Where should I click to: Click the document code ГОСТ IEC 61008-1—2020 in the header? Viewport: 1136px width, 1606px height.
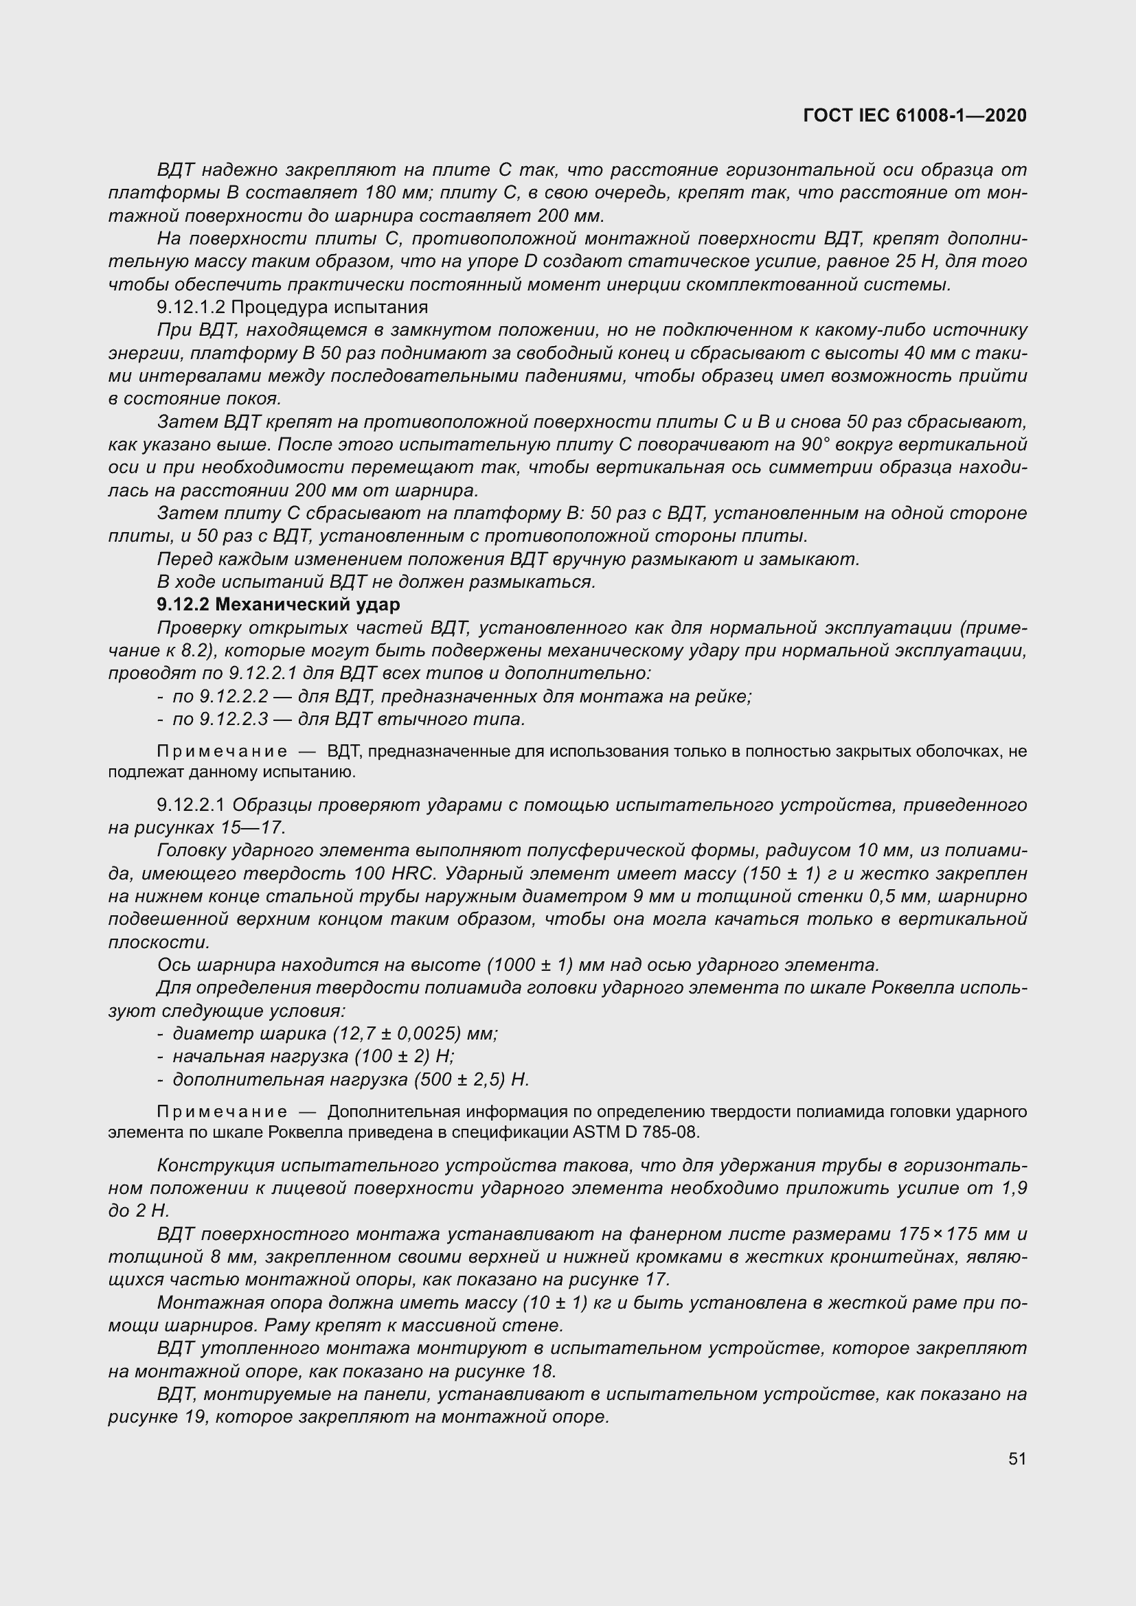tap(915, 115)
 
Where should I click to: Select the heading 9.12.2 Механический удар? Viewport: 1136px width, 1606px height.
tap(278, 604)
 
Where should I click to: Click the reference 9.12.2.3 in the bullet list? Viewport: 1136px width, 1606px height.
tap(234, 719)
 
